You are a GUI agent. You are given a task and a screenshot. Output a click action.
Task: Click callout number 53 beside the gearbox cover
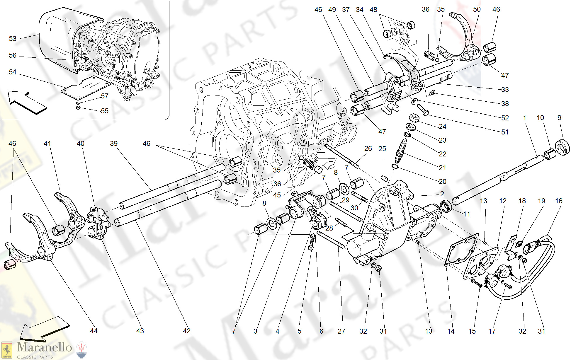click(13, 39)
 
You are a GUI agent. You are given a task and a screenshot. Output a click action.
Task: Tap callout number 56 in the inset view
click(13, 55)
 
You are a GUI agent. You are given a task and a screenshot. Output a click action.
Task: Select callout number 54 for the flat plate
click(13, 72)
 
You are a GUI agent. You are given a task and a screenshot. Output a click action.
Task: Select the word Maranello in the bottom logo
click(44, 347)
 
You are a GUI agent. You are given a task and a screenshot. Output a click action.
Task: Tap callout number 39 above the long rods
click(114, 144)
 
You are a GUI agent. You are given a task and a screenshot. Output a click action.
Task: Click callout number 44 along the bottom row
click(94, 331)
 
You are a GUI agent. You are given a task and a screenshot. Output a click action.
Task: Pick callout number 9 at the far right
click(559, 118)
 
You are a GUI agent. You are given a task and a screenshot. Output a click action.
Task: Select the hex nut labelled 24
click(414, 118)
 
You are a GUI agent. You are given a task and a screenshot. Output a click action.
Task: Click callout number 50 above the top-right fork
click(477, 9)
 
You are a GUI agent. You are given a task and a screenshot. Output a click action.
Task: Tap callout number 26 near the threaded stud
click(368, 149)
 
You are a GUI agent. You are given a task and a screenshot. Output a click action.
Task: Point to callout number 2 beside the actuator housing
click(442, 194)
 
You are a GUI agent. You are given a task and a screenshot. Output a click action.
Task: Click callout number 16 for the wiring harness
click(559, 201)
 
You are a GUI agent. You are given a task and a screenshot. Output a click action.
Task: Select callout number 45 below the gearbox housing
click(277, 195)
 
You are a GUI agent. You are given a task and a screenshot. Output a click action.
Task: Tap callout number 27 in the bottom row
click(341, 331)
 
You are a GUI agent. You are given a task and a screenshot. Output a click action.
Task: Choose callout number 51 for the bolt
click(505, 132)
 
